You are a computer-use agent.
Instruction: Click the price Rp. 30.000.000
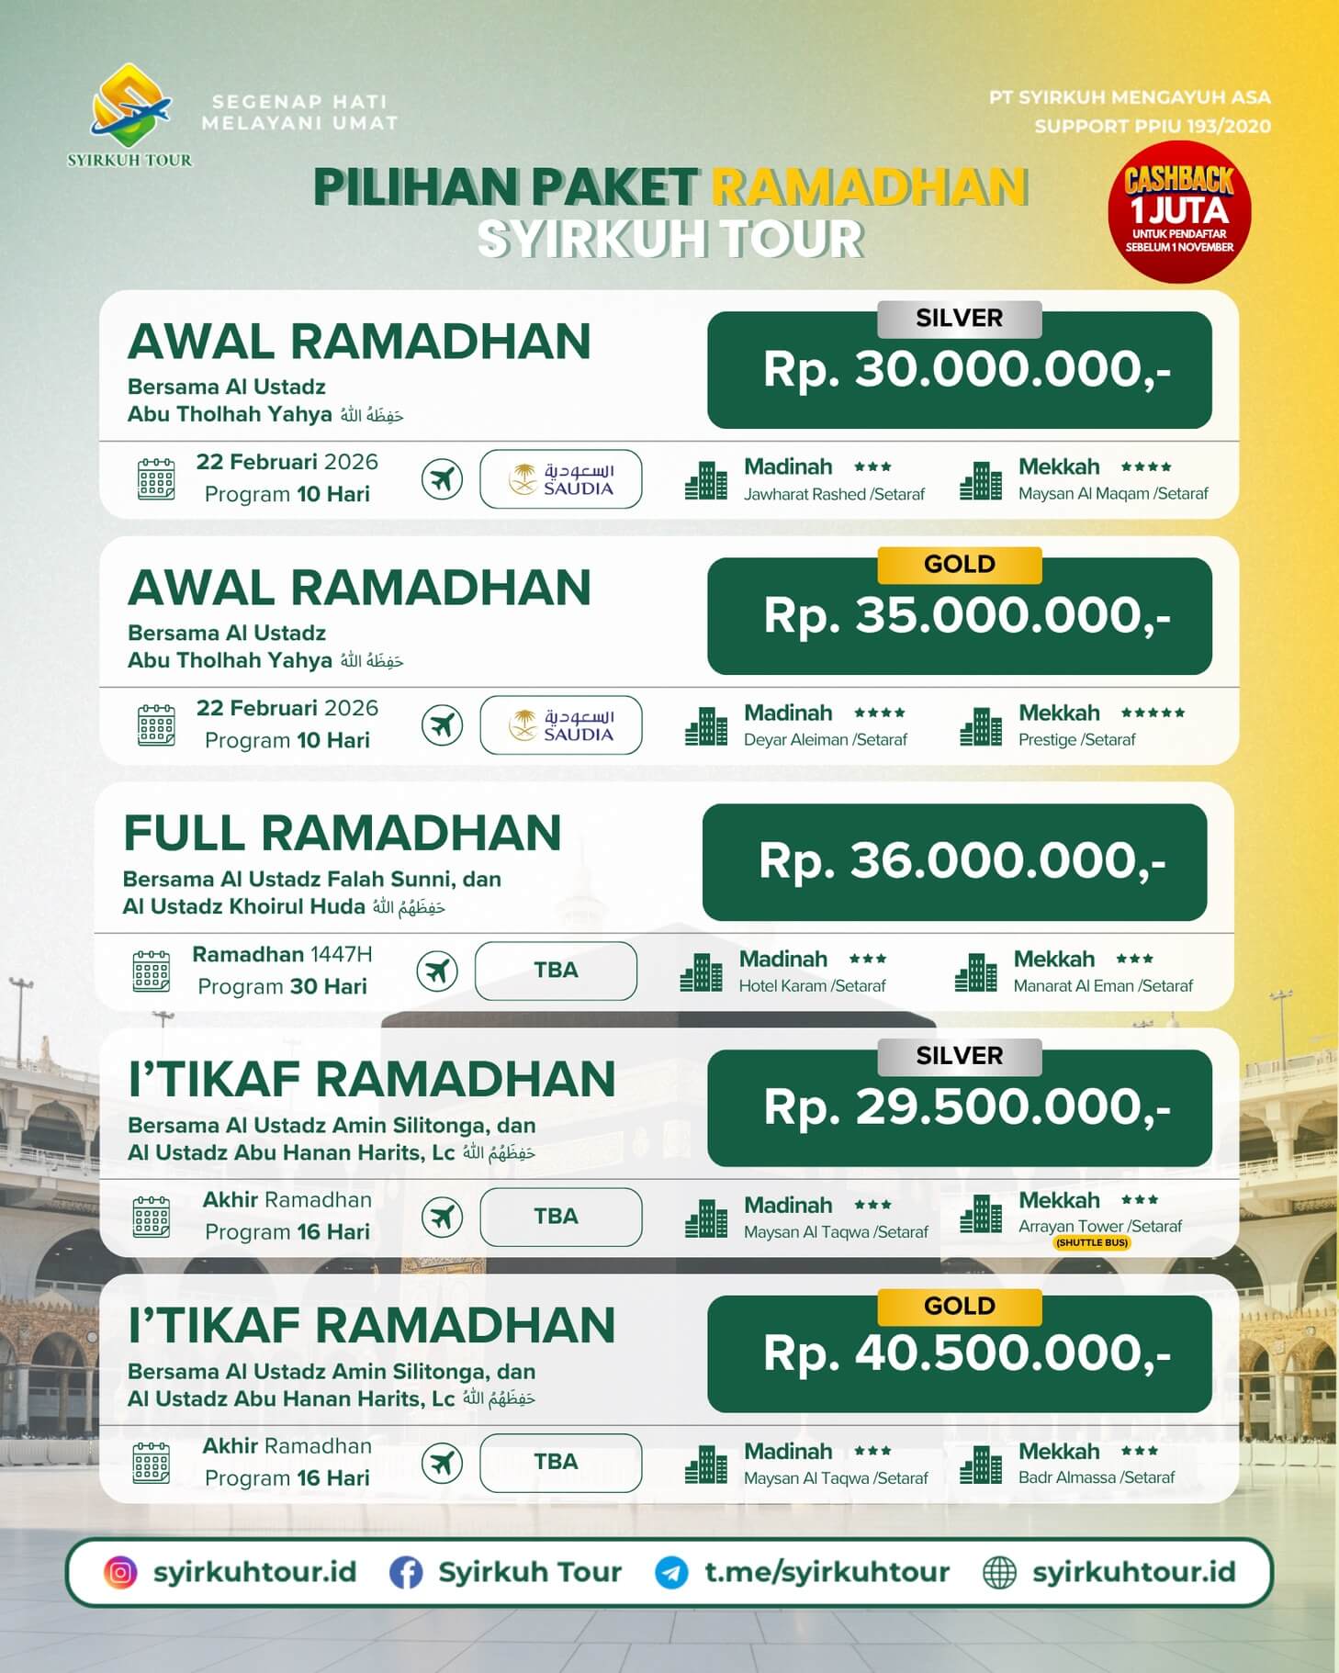tap(966, 370)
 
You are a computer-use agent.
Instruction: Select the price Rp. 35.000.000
tap(966, 616)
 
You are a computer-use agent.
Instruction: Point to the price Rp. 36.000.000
tap(961, 862)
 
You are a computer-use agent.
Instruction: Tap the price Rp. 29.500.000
tap(966, 1108)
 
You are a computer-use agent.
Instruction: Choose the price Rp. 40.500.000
tap(966, 1354)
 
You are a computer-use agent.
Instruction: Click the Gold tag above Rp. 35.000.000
tap(959, 564)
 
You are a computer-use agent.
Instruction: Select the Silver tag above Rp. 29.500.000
tap(959, 1056)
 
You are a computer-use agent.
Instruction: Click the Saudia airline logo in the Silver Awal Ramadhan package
tap(560, 479)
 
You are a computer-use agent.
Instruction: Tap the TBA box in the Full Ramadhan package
tap(556, 971)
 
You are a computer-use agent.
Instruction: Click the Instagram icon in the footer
tap(120, 1572)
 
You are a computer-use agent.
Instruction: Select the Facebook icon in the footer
tap(406, 1572)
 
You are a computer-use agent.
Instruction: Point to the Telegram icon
tap(671, 1572)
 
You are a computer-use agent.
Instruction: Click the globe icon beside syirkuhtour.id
tap(999, 1572)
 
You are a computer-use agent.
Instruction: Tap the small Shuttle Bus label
tap(1091, 1242)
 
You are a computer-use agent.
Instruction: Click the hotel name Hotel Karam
tap(782, 986)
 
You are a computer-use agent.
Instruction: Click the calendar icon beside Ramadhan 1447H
tap(152, 971)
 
